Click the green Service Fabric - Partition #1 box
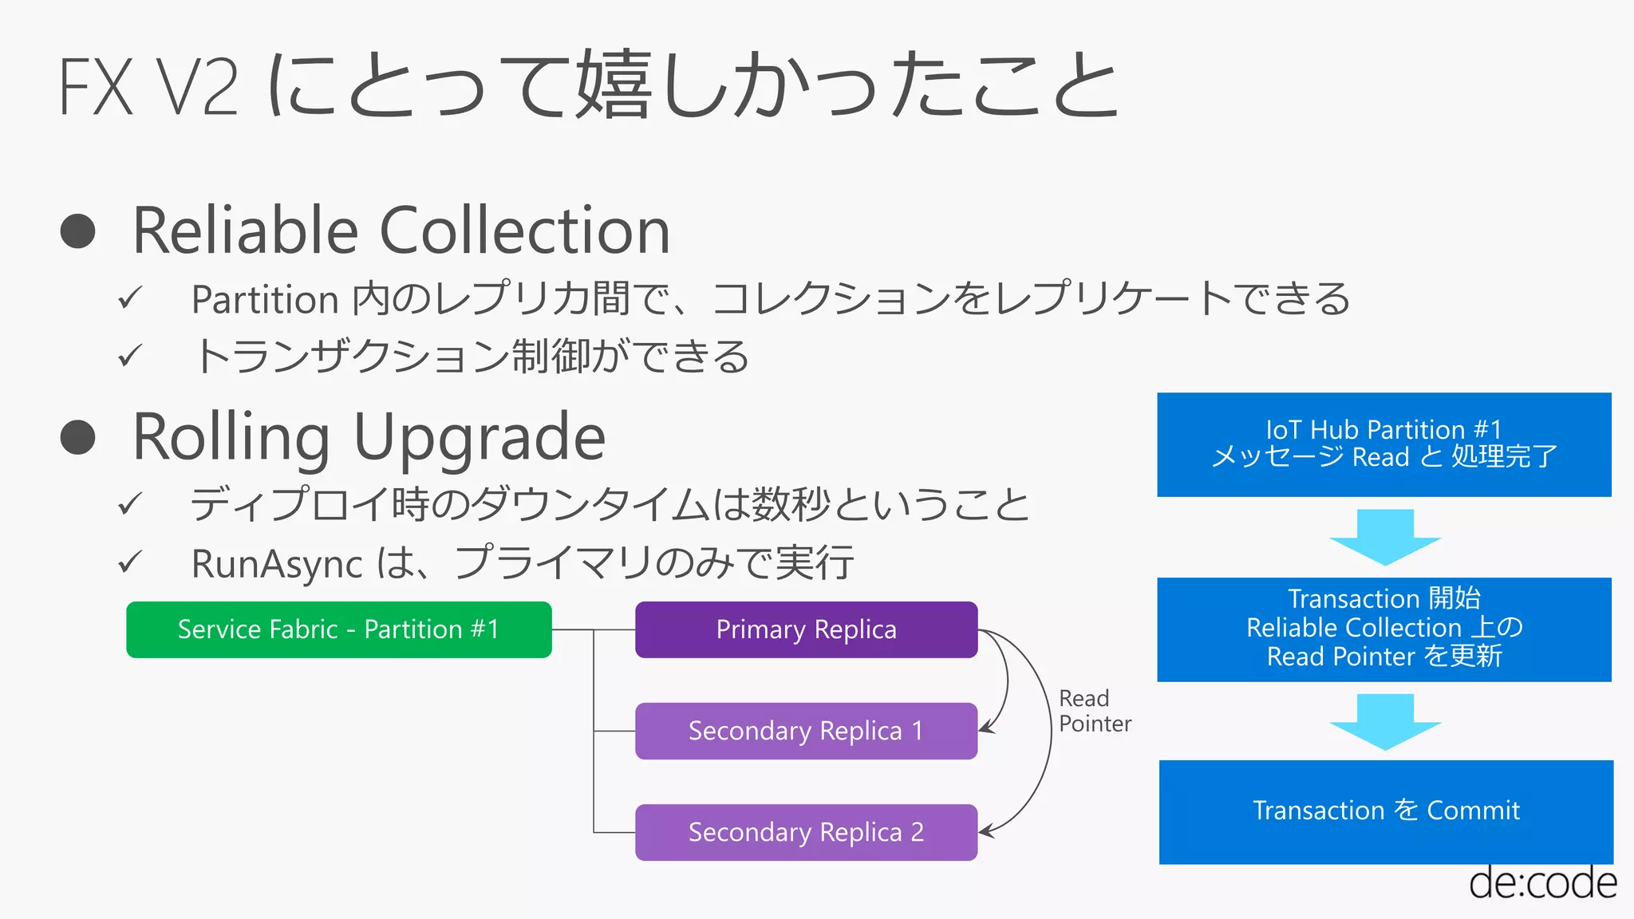click(338, 629)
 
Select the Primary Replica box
click(806, 629)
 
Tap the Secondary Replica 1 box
click(806, 731)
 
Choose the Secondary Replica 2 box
click(806, 832)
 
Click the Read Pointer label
click(1094, 711)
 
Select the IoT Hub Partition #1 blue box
click(1383, 444)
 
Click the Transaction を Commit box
click(1386, 811)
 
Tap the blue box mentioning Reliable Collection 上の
click(1383, 629)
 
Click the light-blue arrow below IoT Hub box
click(1385, 537)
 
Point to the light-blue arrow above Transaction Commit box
click(1385, 721)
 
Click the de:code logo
click(1542, 884)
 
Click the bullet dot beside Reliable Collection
click(78, 231)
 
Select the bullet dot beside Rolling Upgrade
click(78, 437)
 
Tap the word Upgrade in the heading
click(479, 439)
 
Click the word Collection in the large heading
click(524, 231)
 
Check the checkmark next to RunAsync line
click(129, 562)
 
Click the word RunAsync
click(277, 564)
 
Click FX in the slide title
click(96, 88)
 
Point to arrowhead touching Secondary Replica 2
click(985, 831)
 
